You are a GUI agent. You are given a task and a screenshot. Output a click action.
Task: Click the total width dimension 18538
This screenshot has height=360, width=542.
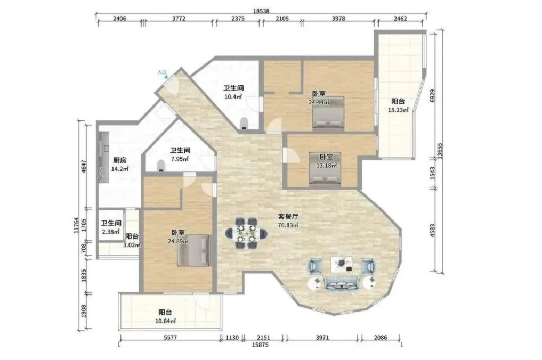point(261,11)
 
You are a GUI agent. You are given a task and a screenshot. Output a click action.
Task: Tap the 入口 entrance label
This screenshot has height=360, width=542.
point(161,72)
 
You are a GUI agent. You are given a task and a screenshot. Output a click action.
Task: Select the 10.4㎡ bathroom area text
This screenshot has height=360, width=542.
point(233,97)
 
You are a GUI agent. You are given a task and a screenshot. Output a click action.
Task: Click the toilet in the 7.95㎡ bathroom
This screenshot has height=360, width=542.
point(161,166)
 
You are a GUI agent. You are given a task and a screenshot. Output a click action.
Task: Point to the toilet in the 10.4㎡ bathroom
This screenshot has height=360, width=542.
point(244,124)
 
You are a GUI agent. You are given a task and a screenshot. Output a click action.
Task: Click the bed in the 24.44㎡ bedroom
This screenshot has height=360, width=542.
point(328,112)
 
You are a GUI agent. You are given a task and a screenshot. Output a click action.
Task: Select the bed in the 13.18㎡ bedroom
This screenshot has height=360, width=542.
point(325,168)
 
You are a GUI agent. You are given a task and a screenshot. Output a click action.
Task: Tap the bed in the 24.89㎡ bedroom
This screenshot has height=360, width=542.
point(193,250)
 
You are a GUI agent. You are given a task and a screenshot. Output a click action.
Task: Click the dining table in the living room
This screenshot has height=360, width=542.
point(246,233)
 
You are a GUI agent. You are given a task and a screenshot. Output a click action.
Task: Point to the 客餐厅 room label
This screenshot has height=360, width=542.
point(288,217)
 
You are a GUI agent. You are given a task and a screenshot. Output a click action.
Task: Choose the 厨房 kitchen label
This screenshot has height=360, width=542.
point(119,160)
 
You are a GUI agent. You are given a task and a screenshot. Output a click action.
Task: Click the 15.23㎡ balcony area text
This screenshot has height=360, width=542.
point(398,110)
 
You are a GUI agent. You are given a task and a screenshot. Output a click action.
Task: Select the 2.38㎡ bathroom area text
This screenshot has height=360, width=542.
point(111,232)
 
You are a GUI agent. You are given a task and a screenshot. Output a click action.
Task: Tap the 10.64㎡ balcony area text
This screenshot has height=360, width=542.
point(165,321)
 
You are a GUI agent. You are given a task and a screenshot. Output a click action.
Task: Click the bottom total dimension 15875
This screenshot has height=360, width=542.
point(260,345)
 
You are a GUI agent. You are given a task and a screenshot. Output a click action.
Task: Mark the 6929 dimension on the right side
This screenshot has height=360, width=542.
point(432,96)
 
